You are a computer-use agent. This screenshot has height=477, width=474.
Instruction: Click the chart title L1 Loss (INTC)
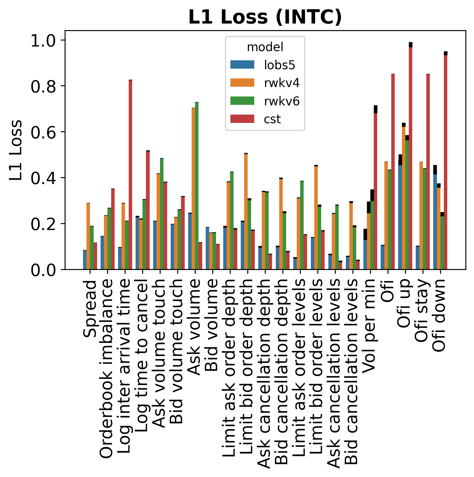265,17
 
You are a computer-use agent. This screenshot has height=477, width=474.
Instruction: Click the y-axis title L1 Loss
16,150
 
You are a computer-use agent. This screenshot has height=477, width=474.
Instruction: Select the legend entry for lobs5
279,65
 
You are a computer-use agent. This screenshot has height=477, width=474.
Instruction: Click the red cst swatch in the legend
242,119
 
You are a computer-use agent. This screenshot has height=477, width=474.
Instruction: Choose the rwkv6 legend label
282,101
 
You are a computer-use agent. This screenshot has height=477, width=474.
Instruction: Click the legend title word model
265,47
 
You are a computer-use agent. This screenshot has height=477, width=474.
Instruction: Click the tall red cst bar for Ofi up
411,158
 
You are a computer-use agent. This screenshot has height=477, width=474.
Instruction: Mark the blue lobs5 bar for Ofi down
435,221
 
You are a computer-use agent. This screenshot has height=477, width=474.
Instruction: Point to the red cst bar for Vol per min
375,190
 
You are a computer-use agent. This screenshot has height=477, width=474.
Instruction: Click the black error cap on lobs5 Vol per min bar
365,234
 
